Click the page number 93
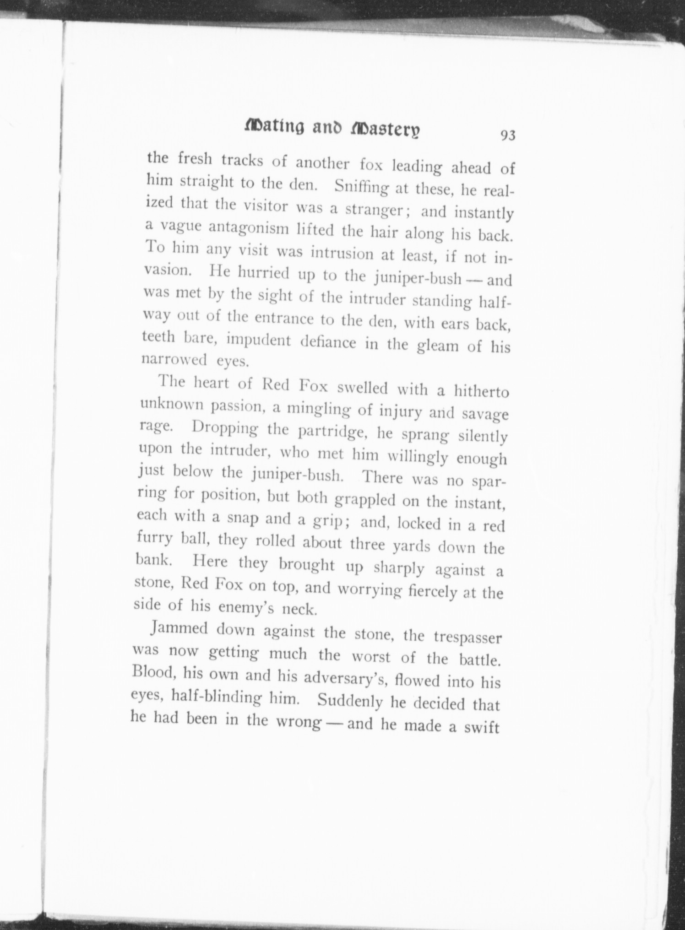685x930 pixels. (508, 136)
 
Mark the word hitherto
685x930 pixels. (482, 392)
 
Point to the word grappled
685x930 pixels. (364, 499)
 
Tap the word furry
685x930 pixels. (154, 539)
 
